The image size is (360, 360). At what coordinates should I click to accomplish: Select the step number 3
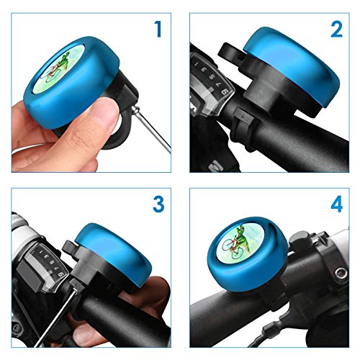click(158, 204)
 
